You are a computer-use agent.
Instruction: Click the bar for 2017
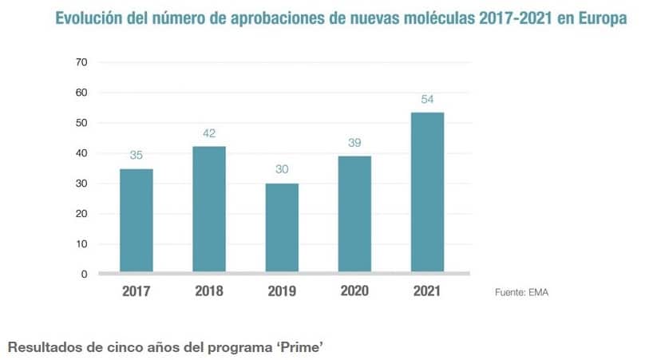[137, 220]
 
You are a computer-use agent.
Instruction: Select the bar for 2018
[208, 209]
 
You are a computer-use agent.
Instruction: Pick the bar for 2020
[354, 214]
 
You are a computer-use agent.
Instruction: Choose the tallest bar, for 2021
[427, 192]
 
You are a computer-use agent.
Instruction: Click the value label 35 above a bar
[137, 156]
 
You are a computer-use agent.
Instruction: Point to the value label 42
[209, 133]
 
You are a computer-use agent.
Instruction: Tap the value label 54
[427, 99]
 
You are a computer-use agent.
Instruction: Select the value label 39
[354, 143]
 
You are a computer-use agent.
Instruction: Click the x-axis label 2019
[282, 291]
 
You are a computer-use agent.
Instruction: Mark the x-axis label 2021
[427, 291]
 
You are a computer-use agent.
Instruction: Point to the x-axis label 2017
[137, 291]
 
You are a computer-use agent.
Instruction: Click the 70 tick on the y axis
[81, 62]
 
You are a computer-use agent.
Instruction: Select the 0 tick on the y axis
[84, 274]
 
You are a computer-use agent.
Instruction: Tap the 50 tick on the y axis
[81, 123]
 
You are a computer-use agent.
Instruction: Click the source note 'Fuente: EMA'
[522, 293]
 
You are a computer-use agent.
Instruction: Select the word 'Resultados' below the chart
[39, 347]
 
